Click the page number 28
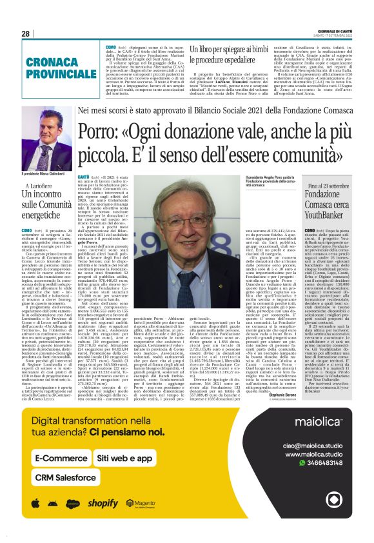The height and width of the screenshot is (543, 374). [x=25, y=33]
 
